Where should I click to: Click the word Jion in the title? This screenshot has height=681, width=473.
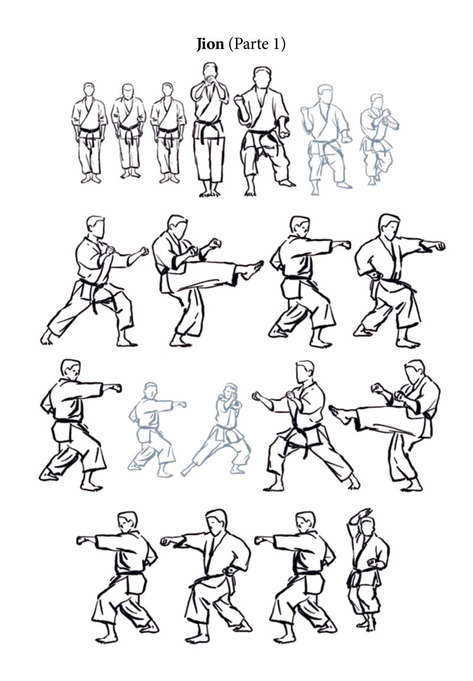tap(210, 44)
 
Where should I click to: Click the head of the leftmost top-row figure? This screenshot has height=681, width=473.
tap(89, 90)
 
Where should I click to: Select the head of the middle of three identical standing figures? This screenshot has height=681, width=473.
tap(128, 91)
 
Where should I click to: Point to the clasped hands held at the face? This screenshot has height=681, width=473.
tap(210, 80)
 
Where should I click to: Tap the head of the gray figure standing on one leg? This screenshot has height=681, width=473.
tap(377, 101)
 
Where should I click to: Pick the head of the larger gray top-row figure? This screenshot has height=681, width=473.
tap(325, 94)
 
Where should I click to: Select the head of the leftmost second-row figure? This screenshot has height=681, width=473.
tap(96, 226)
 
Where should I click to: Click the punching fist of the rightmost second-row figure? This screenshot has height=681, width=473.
tap(440, 246)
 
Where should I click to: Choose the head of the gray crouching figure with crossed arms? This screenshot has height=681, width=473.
tap(231, 391)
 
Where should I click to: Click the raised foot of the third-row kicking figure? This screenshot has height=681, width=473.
tap(339, 415)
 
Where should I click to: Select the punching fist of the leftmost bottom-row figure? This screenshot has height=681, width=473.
tap(82, 540)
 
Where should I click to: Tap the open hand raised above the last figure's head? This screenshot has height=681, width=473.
tap(363, 514)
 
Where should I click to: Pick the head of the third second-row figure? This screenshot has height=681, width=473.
tap(300, 226)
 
